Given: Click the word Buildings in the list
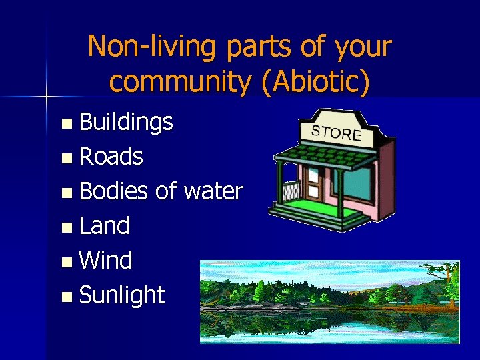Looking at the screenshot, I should pyautogui.click(x=126, y=122).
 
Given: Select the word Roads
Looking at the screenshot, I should pyautogui.click(x=111, y=157).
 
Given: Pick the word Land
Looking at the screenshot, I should pyautogui.click(x=104, y=226).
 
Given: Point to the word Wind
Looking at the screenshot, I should pyautogui.click(x=105, y=260).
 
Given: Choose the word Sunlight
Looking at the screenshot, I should pyautogui.click(x=121, y=295).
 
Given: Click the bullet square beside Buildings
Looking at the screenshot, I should pyautogui.click(x=65, y=123).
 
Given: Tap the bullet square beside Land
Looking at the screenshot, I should pyautogui.click(x=65, y=227).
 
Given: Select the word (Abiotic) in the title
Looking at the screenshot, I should pyautogui.click(x=316, y=81).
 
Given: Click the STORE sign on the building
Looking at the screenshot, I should pyautogui.click(x=337, y=132).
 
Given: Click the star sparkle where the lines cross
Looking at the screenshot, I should pyautogui.click(x=47, y=97).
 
